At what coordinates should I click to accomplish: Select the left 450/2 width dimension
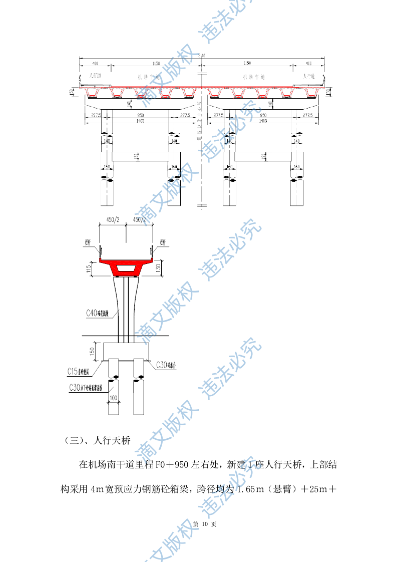tap(113, 219)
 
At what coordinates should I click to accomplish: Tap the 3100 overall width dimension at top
tap(202, 56)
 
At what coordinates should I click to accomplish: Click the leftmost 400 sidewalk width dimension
tap(95, 64)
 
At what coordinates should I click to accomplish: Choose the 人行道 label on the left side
tap(95, 76)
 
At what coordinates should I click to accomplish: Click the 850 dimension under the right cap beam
tap(260, 115)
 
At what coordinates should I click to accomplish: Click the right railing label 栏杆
tap(163, 242)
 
